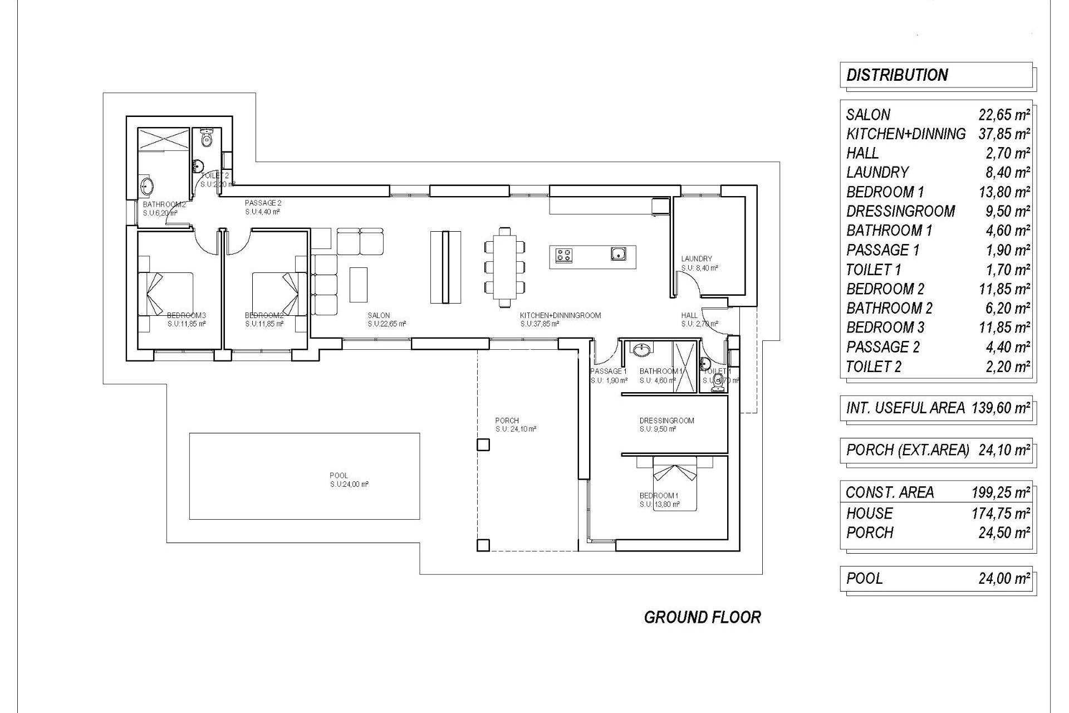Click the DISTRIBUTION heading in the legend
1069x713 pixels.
(x=897, y=75)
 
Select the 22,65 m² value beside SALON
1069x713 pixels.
(x=1004, y=115)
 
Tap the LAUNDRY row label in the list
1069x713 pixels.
(x=877, y=173)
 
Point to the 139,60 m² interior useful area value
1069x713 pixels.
(x=1001, y=408)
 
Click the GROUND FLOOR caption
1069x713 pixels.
(x=702, y=617)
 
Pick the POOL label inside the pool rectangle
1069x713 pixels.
(x=339, y=476)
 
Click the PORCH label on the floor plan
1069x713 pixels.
(x=507, y=421)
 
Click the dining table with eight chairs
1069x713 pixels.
(x=504, y=267)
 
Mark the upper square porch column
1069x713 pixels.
(x=483, y=445)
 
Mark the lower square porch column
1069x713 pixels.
(x=483, y=545)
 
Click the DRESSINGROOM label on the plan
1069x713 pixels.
(x=666, y=421)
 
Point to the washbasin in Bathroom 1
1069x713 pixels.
(x=642, y=350)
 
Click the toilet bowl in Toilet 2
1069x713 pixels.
(x=207, y=137)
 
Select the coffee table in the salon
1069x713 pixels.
(x=359, y=284)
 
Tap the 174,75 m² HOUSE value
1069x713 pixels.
(x=1001, y=513)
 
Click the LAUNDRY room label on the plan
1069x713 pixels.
(x=696, y=259)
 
